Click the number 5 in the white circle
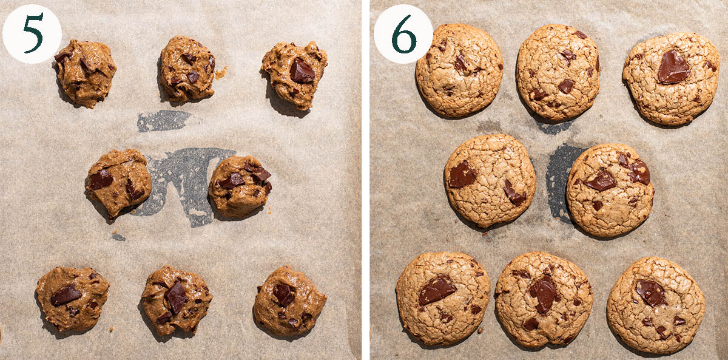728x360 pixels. point(33,33)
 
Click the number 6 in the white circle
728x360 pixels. point(404,33)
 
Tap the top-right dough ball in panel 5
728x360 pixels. point(294,75)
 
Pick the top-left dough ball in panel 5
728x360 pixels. point(85,73)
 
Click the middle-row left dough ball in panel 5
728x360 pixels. point(119,183)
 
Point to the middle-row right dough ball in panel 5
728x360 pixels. point(240,186)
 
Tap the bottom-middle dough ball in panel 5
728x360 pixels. point(177,300)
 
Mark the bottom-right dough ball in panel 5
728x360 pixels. point(289,301)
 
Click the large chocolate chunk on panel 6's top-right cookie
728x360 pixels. point(673,67)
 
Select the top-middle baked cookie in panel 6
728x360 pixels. point(558,72)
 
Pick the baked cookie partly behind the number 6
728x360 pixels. point(459,70)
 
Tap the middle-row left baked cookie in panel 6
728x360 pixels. point(490,180)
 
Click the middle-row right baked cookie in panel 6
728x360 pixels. point(610,190)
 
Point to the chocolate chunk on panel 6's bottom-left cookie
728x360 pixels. point(437,290)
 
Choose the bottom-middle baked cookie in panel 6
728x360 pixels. point(544,299)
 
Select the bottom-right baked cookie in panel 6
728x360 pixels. point(656,305)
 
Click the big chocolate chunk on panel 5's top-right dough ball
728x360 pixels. point(302,70)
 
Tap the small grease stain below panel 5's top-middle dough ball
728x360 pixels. point(163,121)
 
